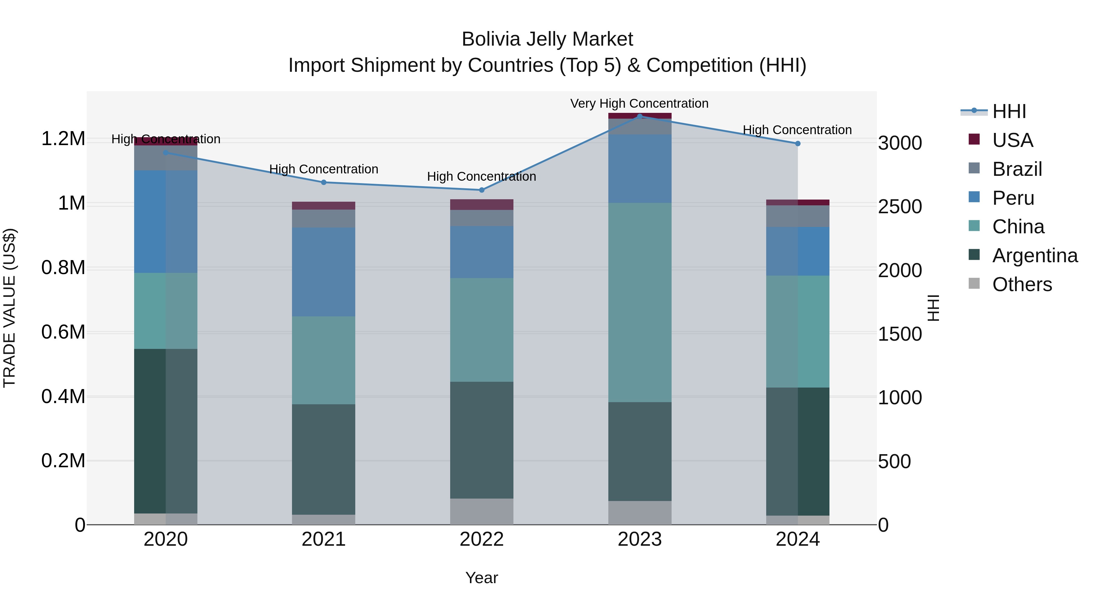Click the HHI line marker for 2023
[x=640, y=117]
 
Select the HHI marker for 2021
[x=324, y=183]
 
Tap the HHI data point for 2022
[x=481, y=190]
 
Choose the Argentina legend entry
[x=1035, y=256]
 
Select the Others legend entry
[x=1022, y=284]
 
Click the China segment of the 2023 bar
[x=640, y=302]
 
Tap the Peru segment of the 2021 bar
[x=324, y=272]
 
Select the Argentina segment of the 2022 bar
[x=481, y=440]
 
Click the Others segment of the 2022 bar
[x=481, y=511]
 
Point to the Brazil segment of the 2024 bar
[x=798, y=216]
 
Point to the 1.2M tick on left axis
[x=63, y=139]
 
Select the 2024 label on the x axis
[x=798, y=539]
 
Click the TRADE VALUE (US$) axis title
[x=9, y=308]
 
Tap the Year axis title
[x=481, y=578]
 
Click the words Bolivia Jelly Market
[x=547, y=39]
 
